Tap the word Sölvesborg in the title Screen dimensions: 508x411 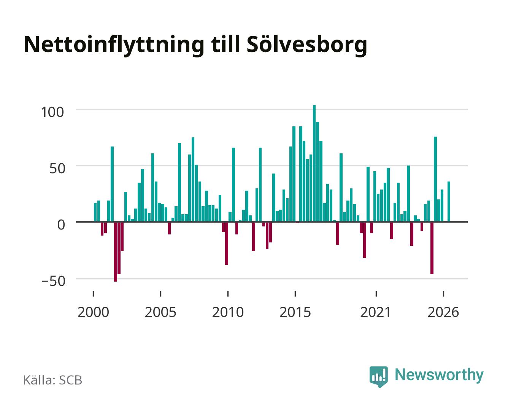[x=307, y=45]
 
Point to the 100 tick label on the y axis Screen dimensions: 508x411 [x=52, y=112]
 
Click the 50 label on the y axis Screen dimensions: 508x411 [x=57, y=168]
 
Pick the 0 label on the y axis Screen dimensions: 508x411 [x=61, y=225]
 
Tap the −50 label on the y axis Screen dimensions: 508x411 [x=53, y=281]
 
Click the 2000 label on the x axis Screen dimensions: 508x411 [x=93, y=312]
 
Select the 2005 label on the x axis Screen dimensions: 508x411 [x=160, y=312]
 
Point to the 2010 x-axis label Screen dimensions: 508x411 [x=228, y=312]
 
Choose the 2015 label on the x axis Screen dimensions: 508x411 [x=295, y=312]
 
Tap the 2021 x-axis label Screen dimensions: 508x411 [x=376, y=312]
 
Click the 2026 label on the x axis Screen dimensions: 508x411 [x=443, y=312]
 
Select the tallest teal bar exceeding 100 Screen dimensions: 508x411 [x=314, y=164]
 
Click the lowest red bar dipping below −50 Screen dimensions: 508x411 [x=116, y=252]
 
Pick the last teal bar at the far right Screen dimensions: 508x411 [x=449, y=202]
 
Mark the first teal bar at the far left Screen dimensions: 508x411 [x=95, y=212]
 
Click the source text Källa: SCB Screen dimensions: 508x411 [x=53, y=380]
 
